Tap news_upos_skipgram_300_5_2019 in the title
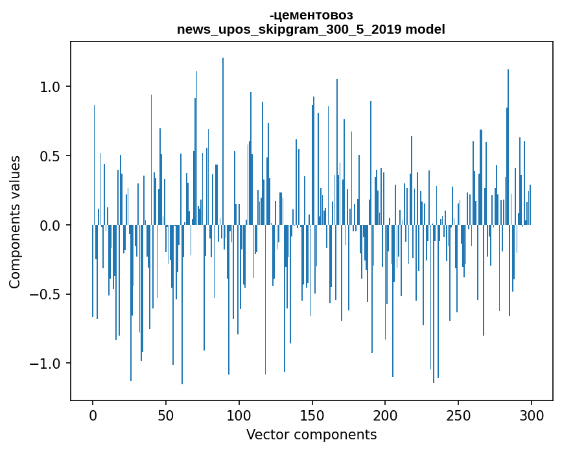click(289, 30)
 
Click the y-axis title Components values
click(16, 222)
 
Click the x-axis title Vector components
click(311, 435)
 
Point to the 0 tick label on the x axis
click(93, 415)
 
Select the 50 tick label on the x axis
click(166, 415)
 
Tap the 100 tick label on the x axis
click(239, 415)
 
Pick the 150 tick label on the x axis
click(312, 415)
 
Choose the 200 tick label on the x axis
click(386, 415)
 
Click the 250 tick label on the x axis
click(458, 415)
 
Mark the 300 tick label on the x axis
click(532, 415)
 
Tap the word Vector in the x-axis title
click(267, 435)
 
